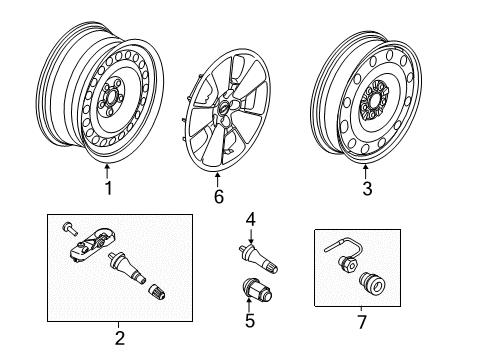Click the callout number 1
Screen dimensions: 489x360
[x=108, y=188]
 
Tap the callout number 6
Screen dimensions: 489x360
[x=219, y=196]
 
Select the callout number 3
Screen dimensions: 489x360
[x=367, y=188]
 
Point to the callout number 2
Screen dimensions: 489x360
[x=120, y=338]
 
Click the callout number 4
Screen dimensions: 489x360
[x=251, y=220]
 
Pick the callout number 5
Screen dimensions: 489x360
[x=250, y=321]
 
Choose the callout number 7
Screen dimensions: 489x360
[x=362, y=322]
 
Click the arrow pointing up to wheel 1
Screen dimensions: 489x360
[x=107, y=171]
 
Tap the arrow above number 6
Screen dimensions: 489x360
[x=217, y=179]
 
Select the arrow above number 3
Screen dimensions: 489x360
[x=365, y=172]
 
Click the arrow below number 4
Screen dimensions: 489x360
[x=251, y=236]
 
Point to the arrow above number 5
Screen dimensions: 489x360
[x=249, y=305]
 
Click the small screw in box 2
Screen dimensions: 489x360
[x=69, y=228]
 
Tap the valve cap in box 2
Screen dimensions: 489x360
[x=157, y=291]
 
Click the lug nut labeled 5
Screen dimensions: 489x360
[x=257, y=290]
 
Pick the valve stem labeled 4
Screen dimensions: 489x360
[x=259, y=258]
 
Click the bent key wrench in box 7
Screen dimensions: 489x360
[x=344, y=246]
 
